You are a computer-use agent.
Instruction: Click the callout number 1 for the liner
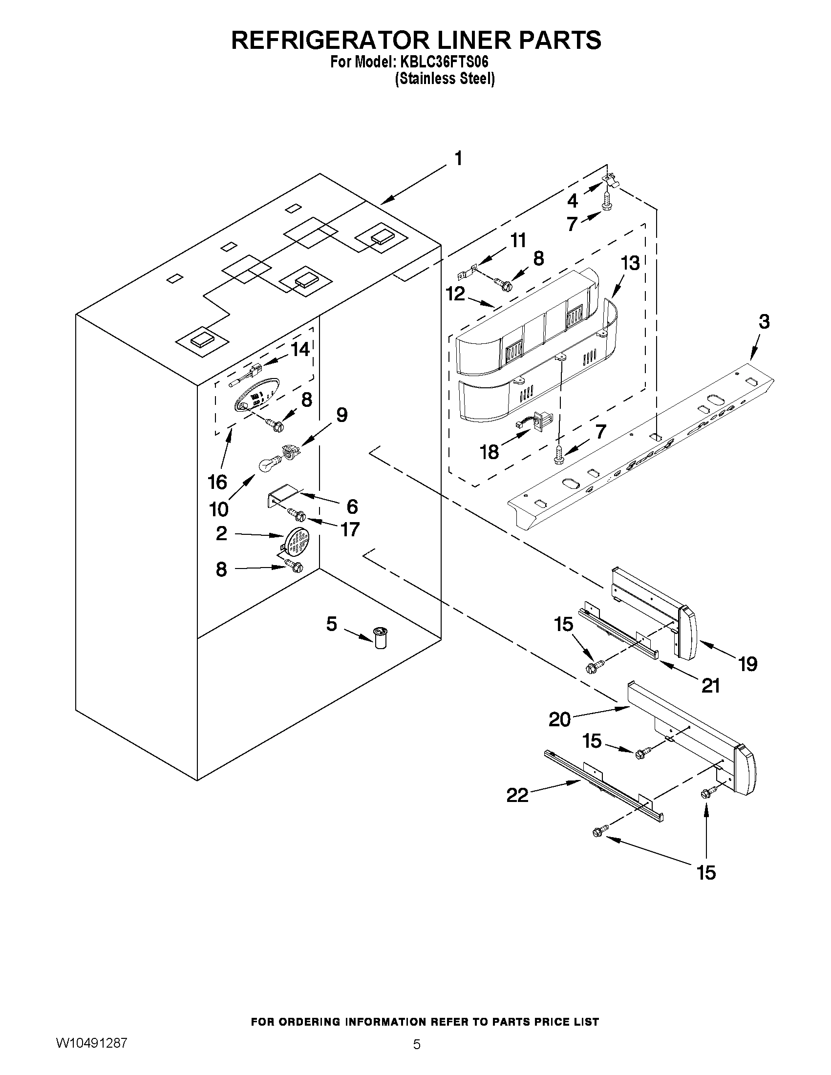(x=458, y=159)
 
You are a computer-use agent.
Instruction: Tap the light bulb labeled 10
(x=269, y=464)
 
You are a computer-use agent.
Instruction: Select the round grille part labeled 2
(x=297, y=542)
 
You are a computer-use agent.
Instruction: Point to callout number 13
(x=630, y=263)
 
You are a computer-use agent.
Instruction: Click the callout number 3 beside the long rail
(x=764, y=322)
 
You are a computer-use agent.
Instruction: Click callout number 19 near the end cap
(x=747, y=664)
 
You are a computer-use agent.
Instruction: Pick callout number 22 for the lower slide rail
(x=517, y=795)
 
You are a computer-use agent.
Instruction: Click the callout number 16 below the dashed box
(x=217, y=482)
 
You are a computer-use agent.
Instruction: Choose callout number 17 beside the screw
(x=349, y=529)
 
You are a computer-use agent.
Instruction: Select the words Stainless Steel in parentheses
(x=445, y=79)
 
